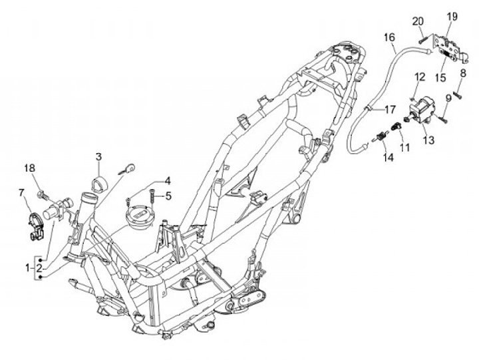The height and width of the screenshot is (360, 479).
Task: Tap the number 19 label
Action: point(452,16)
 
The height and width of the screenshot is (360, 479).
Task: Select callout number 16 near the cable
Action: point(389,38)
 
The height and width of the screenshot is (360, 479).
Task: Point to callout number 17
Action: point(390,108)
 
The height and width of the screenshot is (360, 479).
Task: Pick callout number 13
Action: point(428,140)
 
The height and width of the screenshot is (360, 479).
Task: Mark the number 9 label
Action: point(448,98)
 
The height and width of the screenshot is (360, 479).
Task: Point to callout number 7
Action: point(22,192)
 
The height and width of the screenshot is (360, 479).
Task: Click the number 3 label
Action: point(98,157)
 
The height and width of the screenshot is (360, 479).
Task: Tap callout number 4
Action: point(168,180)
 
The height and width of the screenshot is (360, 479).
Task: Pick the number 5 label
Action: point(168,196)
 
